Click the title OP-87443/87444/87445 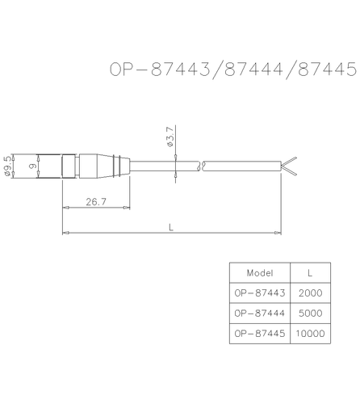click(232, 69)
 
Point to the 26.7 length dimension click(96, 202)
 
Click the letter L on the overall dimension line click(171, 227)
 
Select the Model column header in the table click(259, 272)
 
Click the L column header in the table click(311, 272)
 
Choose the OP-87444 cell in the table click(259, 313)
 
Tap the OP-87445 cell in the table click(259, 333)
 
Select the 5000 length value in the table click(311, 313)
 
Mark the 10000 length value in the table click(311, 333)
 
